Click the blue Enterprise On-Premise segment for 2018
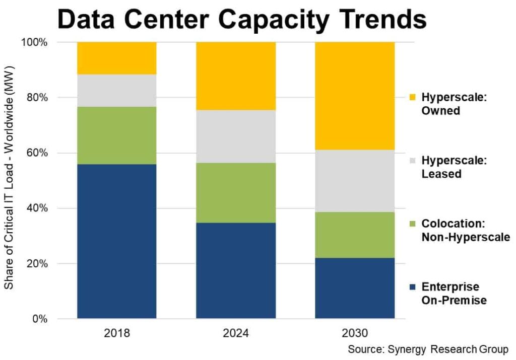point(116,241)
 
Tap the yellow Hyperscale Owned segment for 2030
point(355,96)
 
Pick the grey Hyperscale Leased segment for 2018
point(116,91)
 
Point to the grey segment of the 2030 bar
point(355,181)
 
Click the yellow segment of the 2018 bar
point(116,58)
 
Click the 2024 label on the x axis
point(236,333)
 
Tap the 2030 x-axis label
point(355,333)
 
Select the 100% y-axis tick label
point(34,42)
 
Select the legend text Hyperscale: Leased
point(446,167)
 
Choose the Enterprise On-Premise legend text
point(454,294)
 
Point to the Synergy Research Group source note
point(428,349)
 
